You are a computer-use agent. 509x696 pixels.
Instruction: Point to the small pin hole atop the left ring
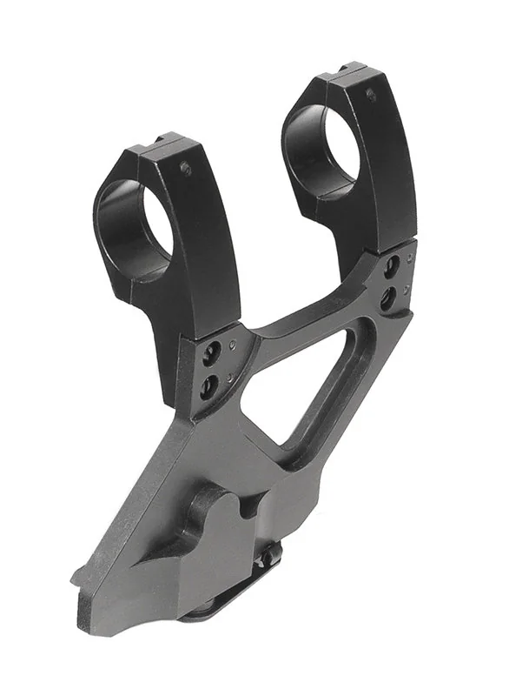click(x=185, y=167)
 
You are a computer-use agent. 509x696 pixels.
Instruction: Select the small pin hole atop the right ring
click(x=372, y=94)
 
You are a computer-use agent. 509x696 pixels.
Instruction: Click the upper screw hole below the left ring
click(x=208, y=352)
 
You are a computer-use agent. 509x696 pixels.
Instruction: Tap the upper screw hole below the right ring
click(x=392, y=264)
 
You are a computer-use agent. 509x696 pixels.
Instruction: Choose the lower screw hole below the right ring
click(x=388, y=298)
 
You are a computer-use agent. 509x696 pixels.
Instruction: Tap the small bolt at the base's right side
click(x=273, y=553)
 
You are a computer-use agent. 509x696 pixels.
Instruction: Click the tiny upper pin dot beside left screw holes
click(x=232, y=344)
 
